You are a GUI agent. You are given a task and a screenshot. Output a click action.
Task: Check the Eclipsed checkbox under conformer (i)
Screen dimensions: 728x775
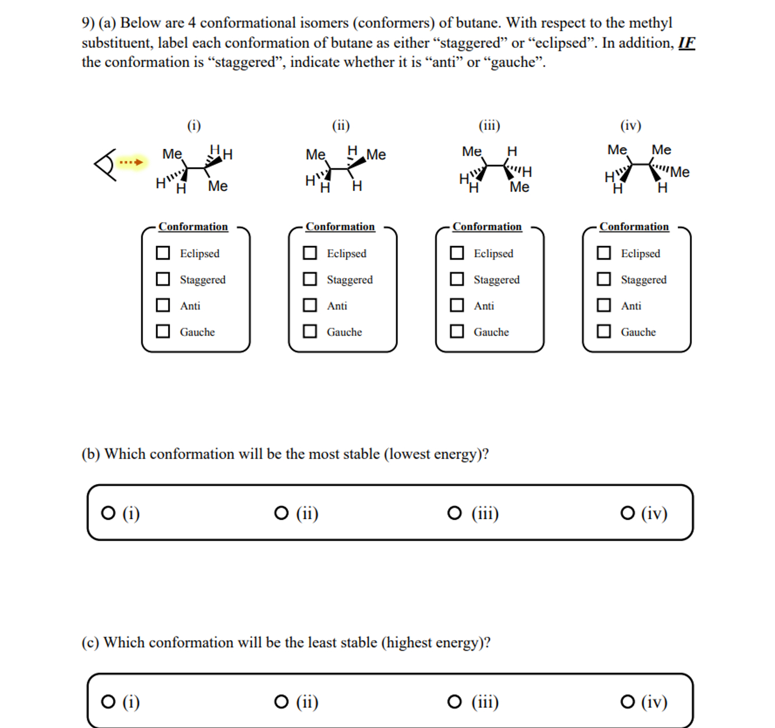point(163,253)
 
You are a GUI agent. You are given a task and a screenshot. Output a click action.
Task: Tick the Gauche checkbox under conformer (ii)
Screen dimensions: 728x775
point(310,332)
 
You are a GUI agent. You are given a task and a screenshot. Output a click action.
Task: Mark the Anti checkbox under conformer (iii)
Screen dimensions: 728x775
point(457,306)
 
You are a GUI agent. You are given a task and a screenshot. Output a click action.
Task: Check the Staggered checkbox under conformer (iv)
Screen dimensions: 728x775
point(605,279)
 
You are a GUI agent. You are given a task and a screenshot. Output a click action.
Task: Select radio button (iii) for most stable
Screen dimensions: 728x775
point(454,513)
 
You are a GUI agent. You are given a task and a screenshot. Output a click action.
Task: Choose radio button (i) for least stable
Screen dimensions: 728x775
point(108,702)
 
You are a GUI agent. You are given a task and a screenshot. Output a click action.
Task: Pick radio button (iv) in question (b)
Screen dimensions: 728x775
point(628,513)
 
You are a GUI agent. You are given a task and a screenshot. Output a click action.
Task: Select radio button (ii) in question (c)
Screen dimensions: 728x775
point(281,702)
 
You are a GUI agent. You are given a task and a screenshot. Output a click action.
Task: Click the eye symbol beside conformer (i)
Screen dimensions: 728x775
point(105,165)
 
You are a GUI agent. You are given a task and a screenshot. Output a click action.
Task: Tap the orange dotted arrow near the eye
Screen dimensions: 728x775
point(131,162)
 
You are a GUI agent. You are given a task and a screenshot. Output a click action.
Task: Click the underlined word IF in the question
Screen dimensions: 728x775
point(687,43)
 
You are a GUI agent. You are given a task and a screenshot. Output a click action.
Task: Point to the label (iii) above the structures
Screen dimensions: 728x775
point(489,126)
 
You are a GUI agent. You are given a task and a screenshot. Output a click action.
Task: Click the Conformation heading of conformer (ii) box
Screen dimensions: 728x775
point(340,227)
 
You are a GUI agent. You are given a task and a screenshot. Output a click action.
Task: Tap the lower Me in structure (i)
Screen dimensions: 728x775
point(218,186)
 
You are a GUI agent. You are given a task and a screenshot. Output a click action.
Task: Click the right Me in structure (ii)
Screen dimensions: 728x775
point(376,155)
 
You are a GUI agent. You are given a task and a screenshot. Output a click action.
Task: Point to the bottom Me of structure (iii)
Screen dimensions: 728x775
point(520,187)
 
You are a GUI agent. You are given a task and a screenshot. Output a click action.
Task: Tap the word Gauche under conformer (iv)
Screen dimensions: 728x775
point(638,332)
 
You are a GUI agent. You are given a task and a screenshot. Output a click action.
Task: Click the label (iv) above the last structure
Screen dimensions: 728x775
point(631,126)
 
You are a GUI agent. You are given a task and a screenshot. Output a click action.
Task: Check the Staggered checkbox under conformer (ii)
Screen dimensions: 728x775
point(310,279)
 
